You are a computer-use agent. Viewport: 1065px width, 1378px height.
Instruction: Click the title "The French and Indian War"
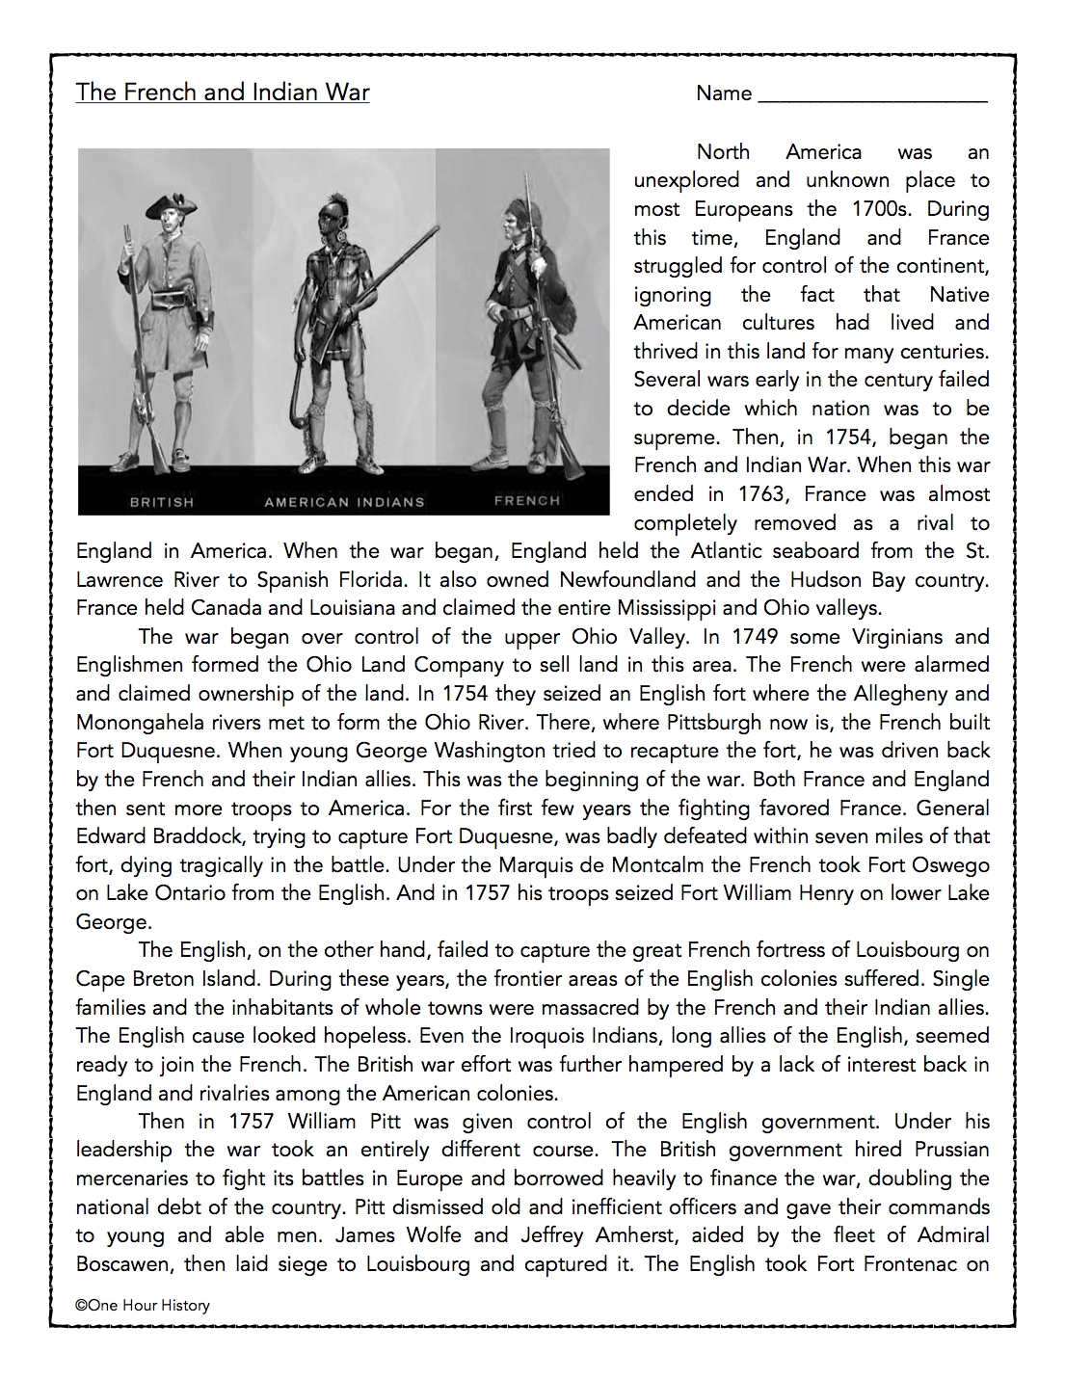coord(223,93)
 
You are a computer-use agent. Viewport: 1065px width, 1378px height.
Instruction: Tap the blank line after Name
coord(872,96)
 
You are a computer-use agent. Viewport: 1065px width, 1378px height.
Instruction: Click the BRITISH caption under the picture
coord(162,502)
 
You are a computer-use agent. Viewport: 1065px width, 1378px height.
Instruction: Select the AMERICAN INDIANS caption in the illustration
coord(344,502)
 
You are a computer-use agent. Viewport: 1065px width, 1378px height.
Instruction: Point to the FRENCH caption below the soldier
coord(526,500)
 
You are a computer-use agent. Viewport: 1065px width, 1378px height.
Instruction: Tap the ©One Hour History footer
coord(143,1305)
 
